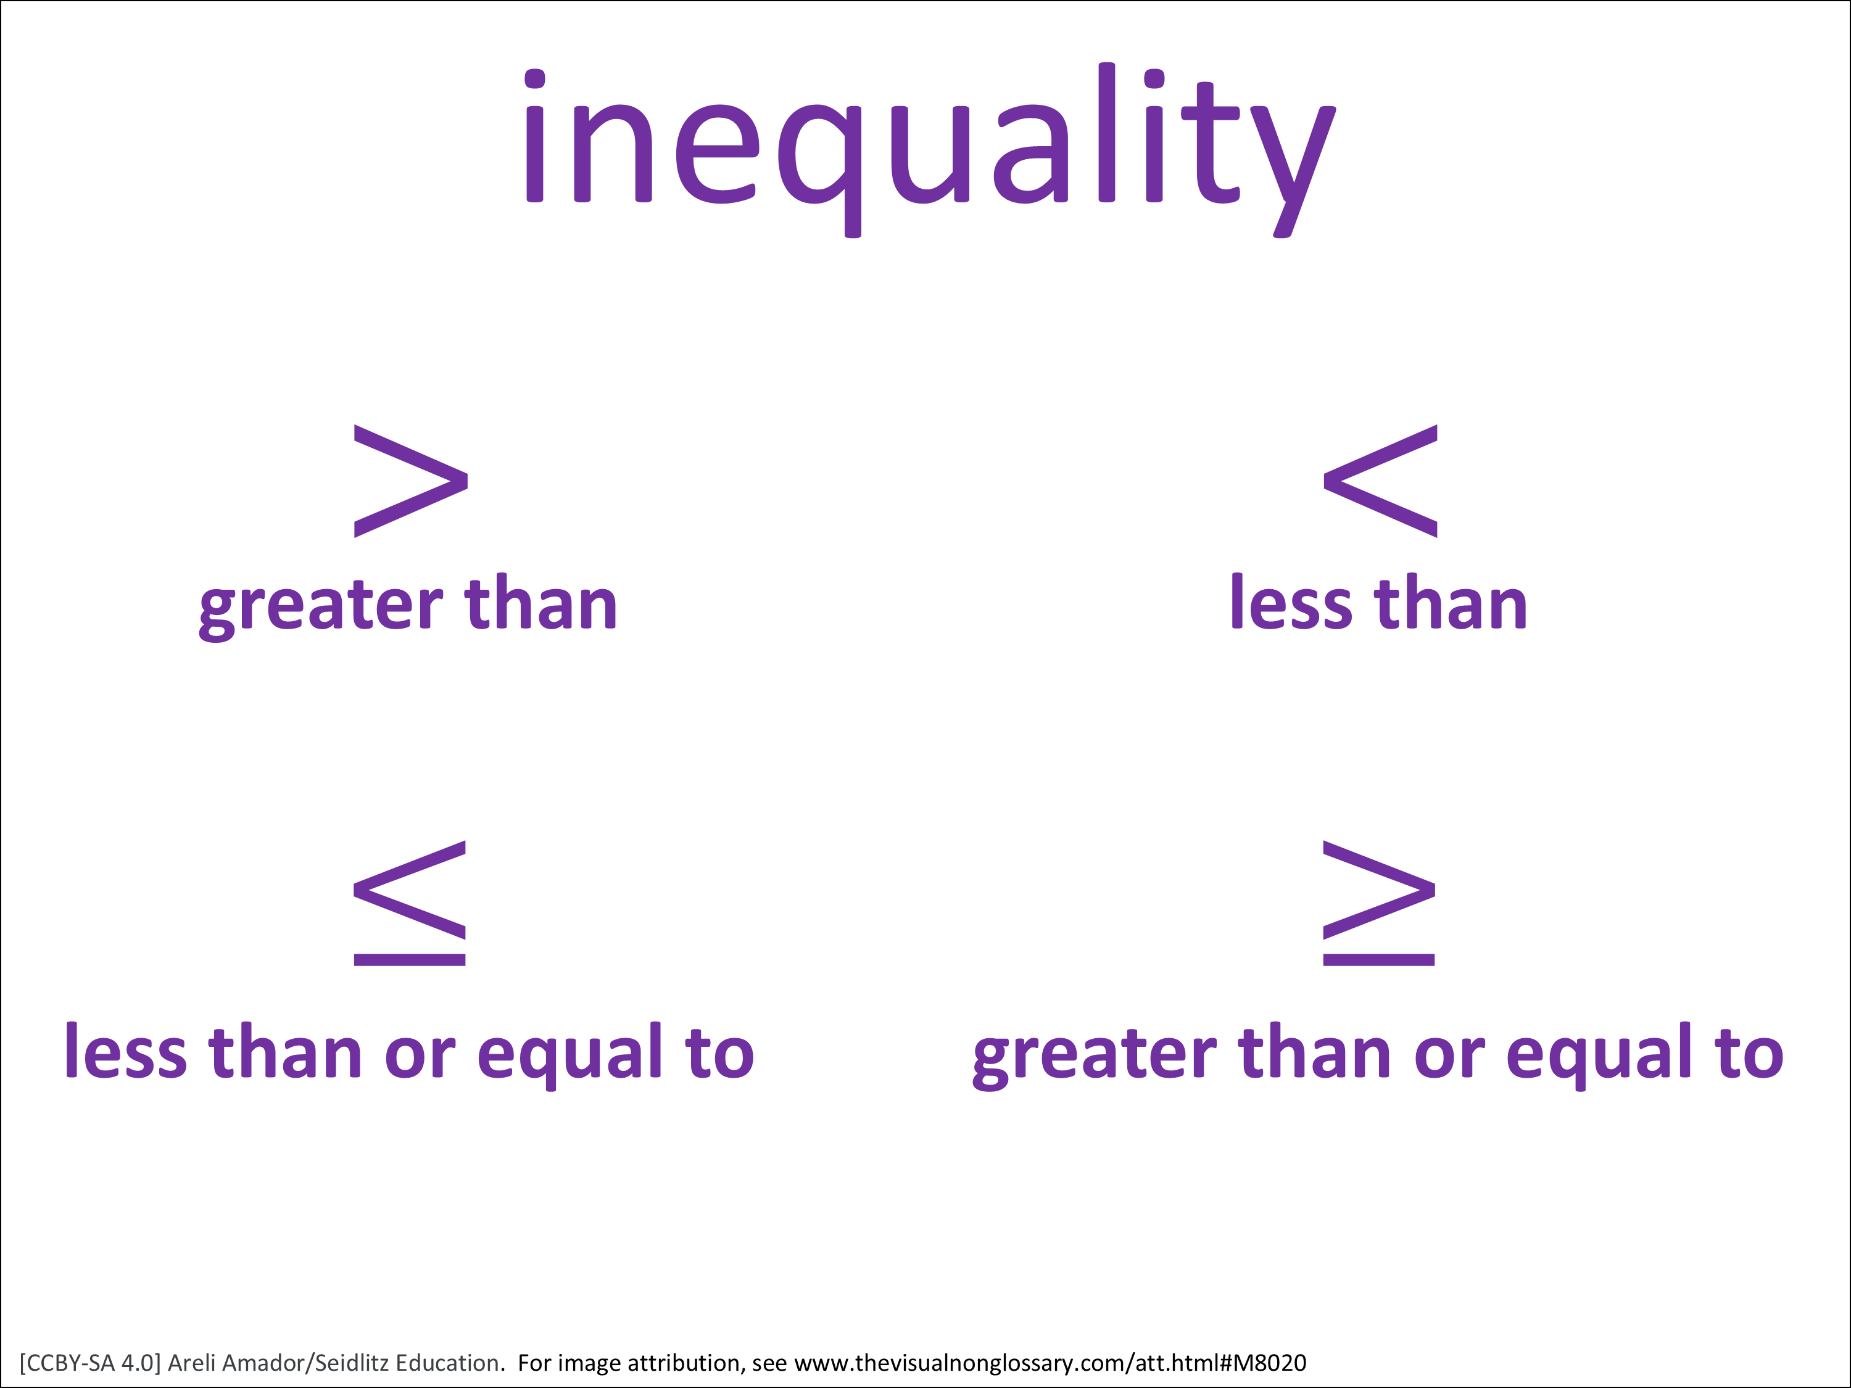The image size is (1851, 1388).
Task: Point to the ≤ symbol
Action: coord(409,904)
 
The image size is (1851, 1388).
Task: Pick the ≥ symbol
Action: coord(1379,904)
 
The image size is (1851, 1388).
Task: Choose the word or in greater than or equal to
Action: coord(1449,1056)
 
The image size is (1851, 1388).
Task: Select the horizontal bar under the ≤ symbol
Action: coord(409,960)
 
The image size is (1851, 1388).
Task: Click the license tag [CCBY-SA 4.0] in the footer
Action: coord(89,1363)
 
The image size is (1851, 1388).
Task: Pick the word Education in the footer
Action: coord(449,1362)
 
